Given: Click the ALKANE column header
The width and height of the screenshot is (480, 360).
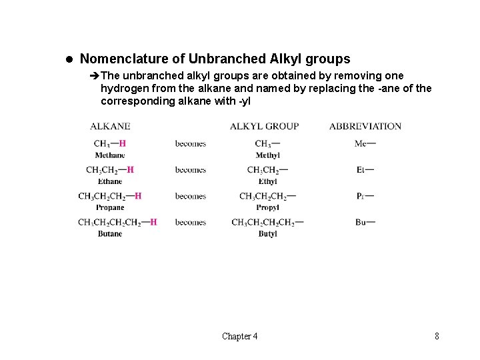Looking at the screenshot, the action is pyautogui.click(x=110, y=126).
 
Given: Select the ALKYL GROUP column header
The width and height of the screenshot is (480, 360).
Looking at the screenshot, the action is pyautogui.click(x=264, y=126).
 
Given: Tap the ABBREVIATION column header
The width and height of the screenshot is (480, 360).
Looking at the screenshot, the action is pyautogui.click(x=365, y=126).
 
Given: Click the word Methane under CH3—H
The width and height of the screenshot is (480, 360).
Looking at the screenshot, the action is pyautogui.click(x=109, y=155).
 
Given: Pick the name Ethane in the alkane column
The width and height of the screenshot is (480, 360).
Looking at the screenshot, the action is pyautogui.click(x=109, y=181).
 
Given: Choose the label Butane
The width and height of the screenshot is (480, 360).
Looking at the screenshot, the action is pyautogui.click(x=109, y=234).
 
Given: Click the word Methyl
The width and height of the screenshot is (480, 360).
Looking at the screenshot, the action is pyautogui.click(x=267, y=155).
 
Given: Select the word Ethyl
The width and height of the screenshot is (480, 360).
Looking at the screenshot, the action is pyautogui.click(x=267, y=181).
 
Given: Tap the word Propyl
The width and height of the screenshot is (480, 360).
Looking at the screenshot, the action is pyautogui.click(x=267, y=207).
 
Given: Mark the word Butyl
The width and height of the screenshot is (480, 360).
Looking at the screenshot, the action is pyautogui.click(x=267, y=234).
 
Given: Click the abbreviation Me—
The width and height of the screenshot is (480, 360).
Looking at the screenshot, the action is pyautogui.click(x=365, y=143).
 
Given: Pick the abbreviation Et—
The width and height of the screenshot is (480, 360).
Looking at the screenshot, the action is pyautogui.click(x=365, y=170).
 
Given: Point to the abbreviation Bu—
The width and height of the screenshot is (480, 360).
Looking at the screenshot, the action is pyautogui.click(x=365, y=222).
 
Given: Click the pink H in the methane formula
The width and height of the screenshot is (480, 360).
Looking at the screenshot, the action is pyautogui.click(x=123, y=143).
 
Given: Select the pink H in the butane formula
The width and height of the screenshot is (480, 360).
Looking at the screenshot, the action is pyautogui.click(x=154, y=222).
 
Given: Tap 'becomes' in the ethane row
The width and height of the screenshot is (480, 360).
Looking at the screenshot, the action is pyautogui.click(x=191, y=170).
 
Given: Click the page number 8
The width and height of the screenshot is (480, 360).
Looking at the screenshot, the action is pyautogui.click(x=437, y=336).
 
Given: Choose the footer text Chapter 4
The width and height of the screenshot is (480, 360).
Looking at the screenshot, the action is pyautogui.click(x=240, y=336).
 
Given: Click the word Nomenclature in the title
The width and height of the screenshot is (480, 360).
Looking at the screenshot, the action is pyautogui.click(x=120, y=59).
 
